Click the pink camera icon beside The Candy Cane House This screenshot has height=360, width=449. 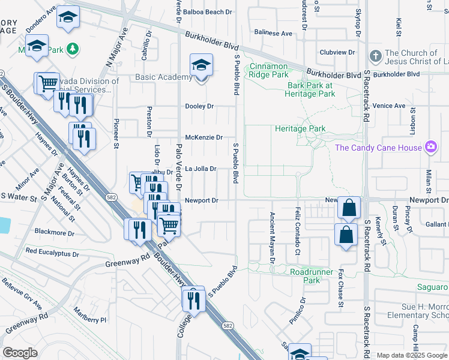(430, 147)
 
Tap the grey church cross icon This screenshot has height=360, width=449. (375, 55)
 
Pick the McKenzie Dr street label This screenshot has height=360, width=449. (203, 137)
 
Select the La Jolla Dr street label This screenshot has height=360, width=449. (200, 169)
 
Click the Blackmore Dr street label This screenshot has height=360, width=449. (55, 233)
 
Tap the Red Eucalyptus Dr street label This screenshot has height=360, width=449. (52, 252)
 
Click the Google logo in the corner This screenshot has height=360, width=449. (20, 353)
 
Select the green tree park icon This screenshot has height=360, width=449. (73, 47)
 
